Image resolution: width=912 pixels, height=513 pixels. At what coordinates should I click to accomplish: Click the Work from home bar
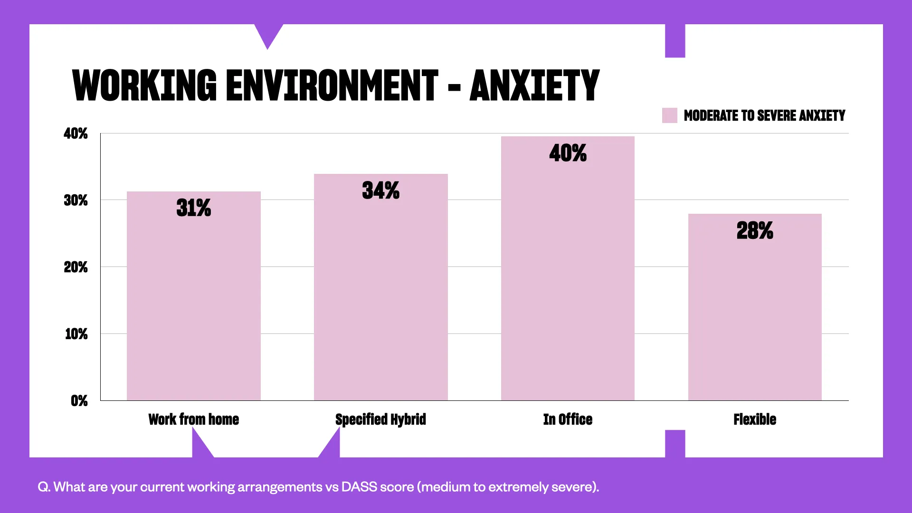pos(193,304)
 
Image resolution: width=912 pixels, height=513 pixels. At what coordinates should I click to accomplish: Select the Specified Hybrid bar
pos(380,294)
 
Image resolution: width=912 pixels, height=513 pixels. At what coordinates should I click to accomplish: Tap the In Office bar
pos(568,275)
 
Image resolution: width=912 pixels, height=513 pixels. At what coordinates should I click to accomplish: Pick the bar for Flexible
pos(755,313)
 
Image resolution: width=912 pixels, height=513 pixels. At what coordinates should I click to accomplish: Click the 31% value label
pos(193,208)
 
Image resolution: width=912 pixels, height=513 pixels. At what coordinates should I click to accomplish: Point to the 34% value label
pos(380,190)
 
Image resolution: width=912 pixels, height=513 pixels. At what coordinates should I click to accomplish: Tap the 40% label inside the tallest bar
pos(568,153)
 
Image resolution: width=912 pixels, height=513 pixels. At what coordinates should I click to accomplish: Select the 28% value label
pos(755,230)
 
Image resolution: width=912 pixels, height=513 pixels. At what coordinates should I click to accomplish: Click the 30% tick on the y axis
pos(76,200)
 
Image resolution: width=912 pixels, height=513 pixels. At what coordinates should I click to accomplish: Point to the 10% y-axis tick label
pos(76,334)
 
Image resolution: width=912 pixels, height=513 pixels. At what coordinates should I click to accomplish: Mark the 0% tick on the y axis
pos(79,401)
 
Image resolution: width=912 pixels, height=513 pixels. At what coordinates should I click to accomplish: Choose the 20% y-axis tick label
pos(76,267)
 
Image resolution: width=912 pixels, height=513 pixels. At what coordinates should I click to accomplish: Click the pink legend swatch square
pos(669,115)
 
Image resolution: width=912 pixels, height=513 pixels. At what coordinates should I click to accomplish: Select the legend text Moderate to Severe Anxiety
pos(764,115)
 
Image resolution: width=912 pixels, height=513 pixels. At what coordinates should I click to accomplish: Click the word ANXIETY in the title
pos(534,85)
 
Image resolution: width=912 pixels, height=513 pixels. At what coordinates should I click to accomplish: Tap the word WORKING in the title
pos(144,85)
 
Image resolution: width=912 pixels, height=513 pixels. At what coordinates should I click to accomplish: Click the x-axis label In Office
pos(568,419)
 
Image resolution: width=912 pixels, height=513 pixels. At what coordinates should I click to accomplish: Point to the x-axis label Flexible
pos(755,419)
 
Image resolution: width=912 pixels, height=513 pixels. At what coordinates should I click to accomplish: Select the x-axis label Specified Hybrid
pos(380,419)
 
